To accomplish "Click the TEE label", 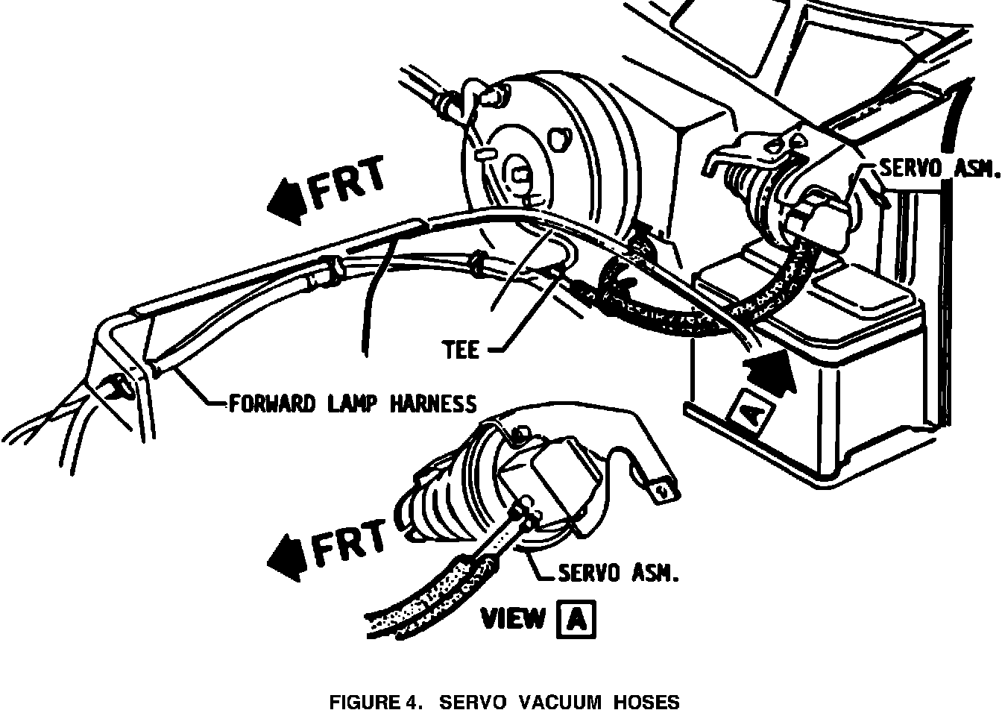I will [461, 349].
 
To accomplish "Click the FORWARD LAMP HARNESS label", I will [352, 404].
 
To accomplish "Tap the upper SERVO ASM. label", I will [938, 169].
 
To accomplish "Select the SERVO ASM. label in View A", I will [619, 573].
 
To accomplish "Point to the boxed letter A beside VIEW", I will [577, 619].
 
